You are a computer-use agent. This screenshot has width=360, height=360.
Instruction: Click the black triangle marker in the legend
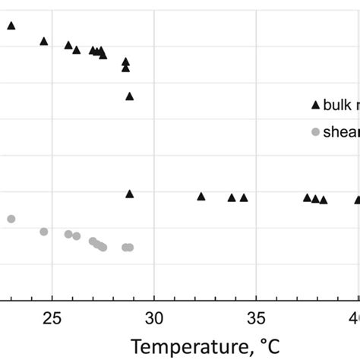click(x=315, y=105)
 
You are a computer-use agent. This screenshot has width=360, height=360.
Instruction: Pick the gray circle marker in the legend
click(x=315, y=132)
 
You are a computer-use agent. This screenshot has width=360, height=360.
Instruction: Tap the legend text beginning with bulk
click(x=340, y=106)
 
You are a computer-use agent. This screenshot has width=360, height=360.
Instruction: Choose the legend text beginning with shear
click(x=341, y=132)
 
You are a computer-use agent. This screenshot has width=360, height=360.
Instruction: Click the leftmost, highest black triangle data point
click(x=11, y=25)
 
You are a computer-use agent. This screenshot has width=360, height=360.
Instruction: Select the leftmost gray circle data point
click(x=11, y=219)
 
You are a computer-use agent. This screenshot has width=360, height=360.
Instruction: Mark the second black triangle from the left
click(x=44, y=41)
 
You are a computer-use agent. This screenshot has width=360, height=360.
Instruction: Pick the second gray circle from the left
click(x=44, y=232)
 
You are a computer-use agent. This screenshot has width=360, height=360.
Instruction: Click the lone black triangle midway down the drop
click(x=130, y=96)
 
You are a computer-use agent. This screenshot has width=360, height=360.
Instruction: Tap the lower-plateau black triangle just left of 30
click(x=130, y=194)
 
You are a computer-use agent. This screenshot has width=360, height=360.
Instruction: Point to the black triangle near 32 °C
click(x=201, y=196)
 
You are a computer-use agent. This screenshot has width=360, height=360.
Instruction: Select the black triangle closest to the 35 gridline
click(x=244, y=197)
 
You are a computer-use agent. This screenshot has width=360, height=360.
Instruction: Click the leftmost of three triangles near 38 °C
click(x=308, y=197)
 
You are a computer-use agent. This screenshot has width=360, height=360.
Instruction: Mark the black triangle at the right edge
click(x=358, y=200)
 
